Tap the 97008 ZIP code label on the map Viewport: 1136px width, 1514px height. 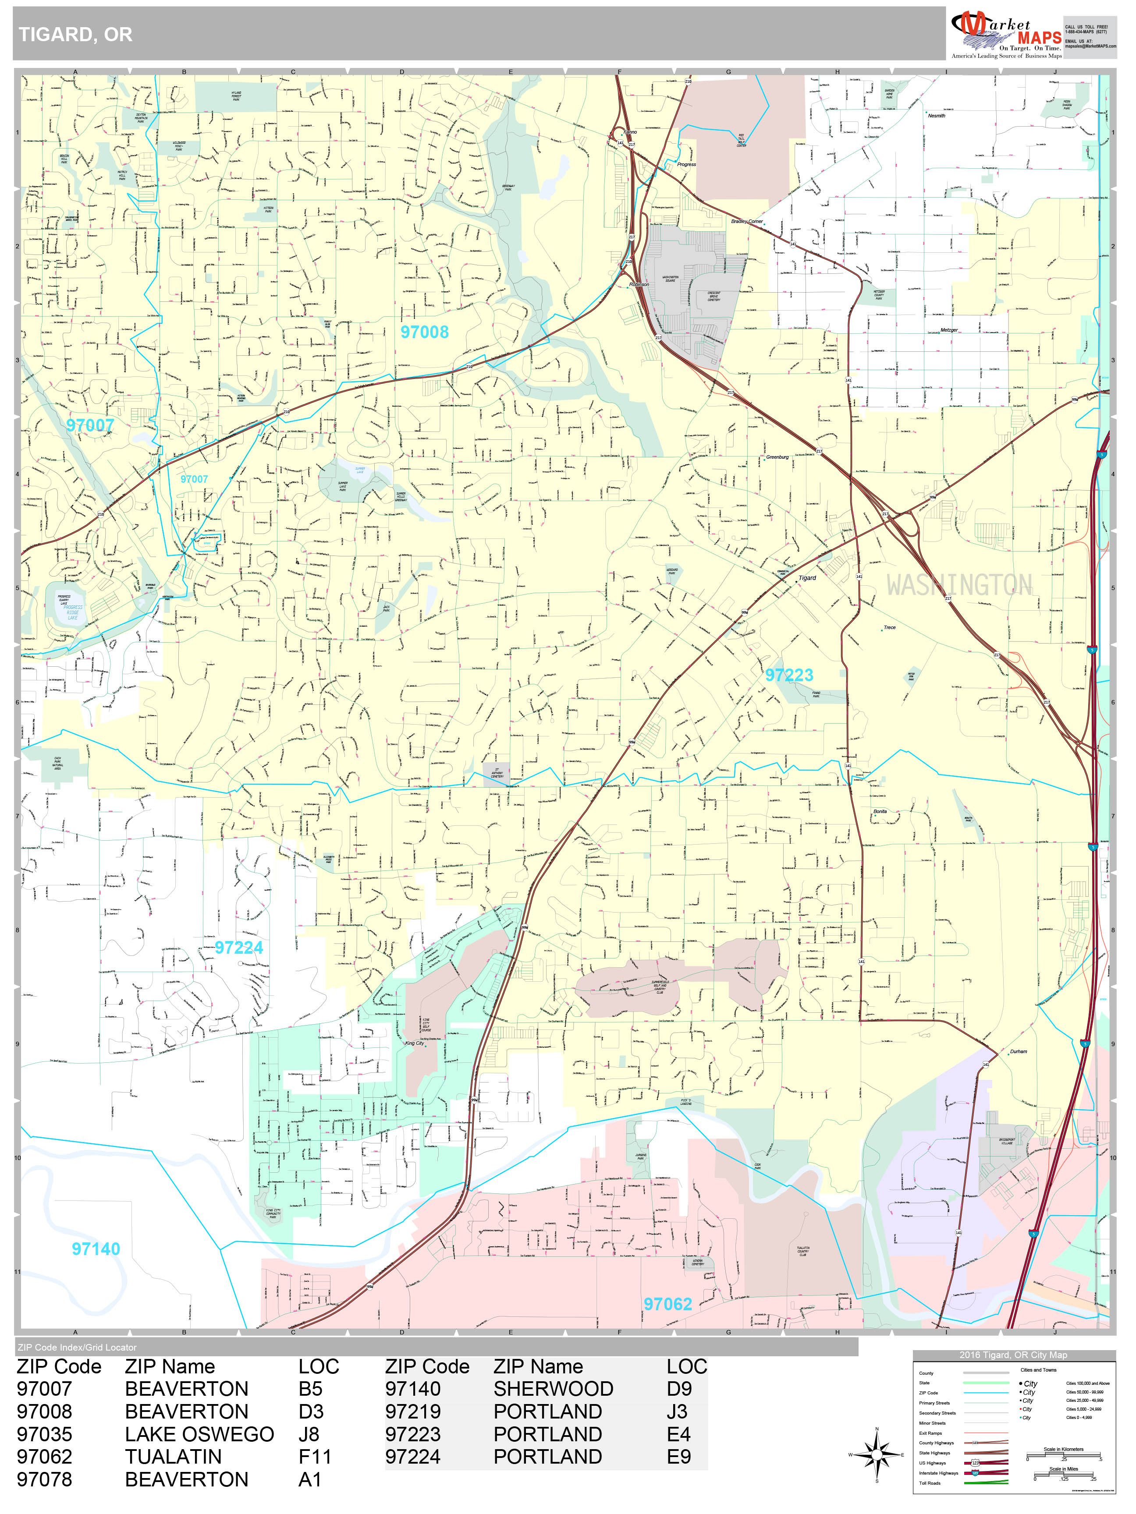[x=425, y=332]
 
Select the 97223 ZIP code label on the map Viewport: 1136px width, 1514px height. [x=789, y=676]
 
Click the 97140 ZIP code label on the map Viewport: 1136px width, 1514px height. [x=96, y=1249]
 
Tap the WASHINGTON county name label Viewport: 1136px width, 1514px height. [x=958, y=585]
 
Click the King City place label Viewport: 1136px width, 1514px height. [x=414, y=1043]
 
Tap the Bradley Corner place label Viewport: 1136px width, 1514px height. [x=746, y=222]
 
